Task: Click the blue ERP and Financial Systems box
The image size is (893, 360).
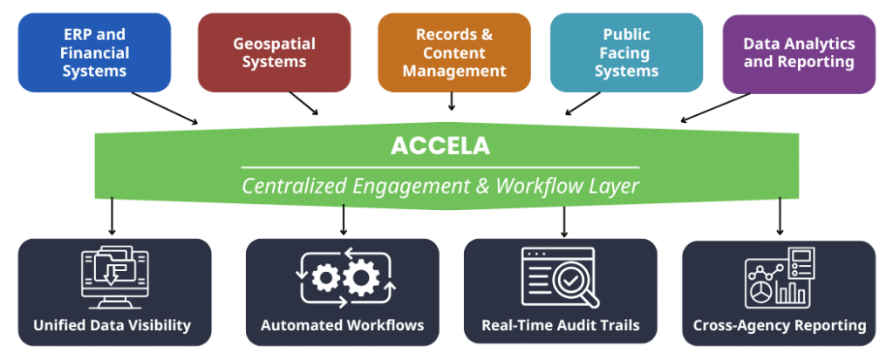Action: [x=94, y=52]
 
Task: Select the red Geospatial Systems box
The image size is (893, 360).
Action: [x=274, y=52]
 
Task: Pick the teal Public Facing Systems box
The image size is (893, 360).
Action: [x=626, y=52]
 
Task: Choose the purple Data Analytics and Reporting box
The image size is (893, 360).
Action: [x=798, y=52]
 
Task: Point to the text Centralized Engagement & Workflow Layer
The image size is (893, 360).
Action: [x=440, y=186]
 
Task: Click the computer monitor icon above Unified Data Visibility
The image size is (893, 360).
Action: [x=112, y=278]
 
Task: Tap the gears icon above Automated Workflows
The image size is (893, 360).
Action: [x=343, y=277]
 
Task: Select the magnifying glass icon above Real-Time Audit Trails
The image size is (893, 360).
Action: [x=561, y=278]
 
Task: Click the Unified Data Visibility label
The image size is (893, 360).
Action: [x=112, y=326]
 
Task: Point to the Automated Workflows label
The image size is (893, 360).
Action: [x=343, y=326]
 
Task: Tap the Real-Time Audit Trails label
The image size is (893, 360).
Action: [x=561, y=326]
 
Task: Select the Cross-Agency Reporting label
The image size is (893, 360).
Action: [x=779, y=326]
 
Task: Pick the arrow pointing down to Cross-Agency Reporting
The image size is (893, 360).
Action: [x=780, y=215]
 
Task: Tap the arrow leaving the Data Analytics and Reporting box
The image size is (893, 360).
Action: [x=715, y=107]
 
